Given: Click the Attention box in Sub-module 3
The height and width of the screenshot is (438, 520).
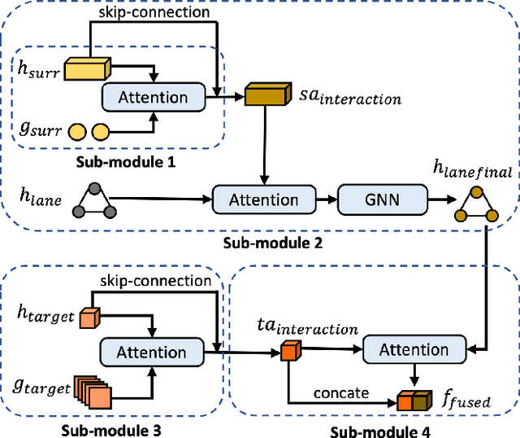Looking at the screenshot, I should pos(151,353).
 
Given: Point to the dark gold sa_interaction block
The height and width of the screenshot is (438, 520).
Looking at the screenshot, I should pos(266,96).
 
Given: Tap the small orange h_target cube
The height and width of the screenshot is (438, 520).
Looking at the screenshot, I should pos(88,318).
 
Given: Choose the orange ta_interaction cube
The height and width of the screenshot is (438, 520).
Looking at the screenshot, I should pos(290,352).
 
